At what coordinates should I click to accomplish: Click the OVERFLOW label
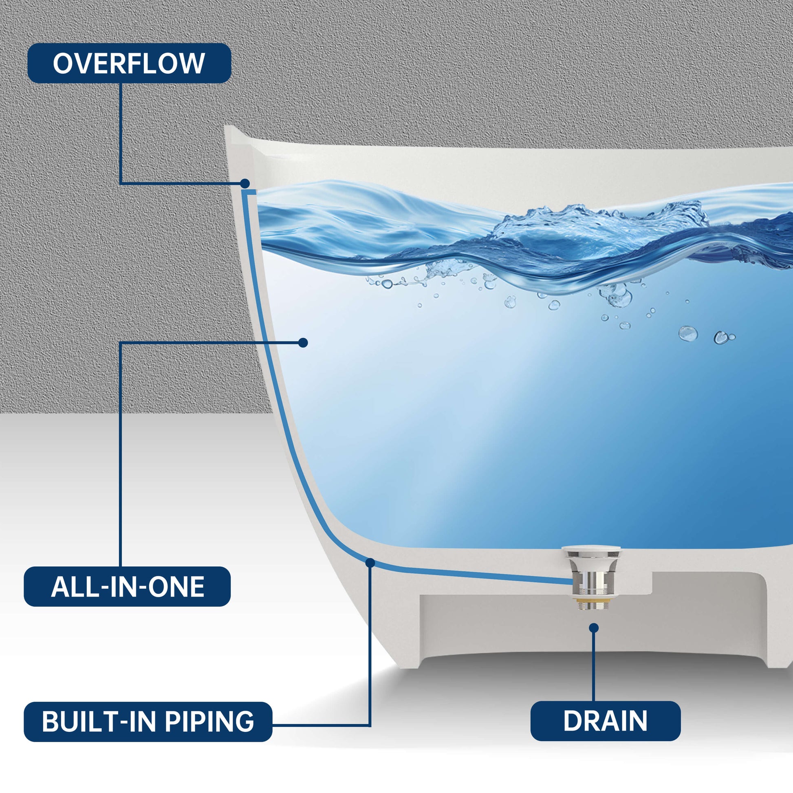(x=129, y=63)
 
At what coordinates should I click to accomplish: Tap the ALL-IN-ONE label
(x=127, y=586)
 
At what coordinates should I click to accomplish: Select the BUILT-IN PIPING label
(x=148, y=722)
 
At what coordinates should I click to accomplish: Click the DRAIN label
(x=606, y=721)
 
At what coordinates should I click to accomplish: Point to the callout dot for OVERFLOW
(x=245, y=183)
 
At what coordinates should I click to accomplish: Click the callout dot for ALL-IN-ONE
(x=303, y=343)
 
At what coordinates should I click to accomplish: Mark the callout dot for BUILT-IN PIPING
(x=370, y=563)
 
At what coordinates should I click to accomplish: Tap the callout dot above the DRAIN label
(x=593, y=628)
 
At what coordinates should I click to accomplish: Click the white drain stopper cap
(x=591, y=550)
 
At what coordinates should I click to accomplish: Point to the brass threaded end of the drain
(x=593, y=603)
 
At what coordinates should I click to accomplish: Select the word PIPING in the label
(x=209, y=722)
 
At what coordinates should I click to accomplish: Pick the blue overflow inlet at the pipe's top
(x=249, y=192)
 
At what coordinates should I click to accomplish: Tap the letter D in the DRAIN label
(x=572, y=721)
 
